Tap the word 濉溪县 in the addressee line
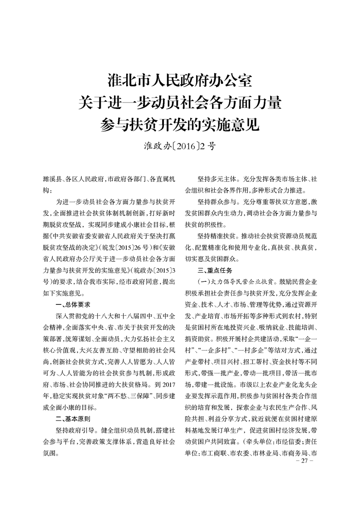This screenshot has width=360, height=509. click(x=50, y=179)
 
